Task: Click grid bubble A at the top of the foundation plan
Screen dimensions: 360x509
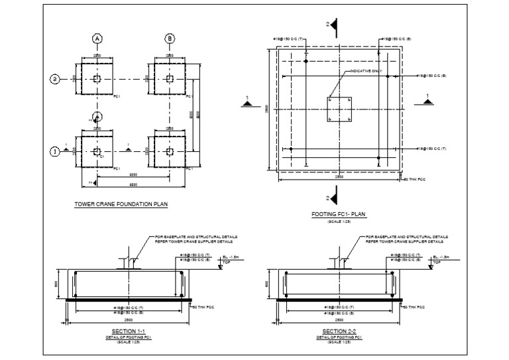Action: click(x=97, y=39)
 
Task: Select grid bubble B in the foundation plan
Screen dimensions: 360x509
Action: click(x=170, y=39)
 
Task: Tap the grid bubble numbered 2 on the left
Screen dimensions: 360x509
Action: click(x=55, y=80)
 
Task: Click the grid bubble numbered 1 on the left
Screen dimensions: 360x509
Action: click(x=55, y=152)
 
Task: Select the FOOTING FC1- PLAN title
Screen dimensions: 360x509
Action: click(x=339, y=215)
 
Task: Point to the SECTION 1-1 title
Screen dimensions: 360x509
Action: click(x=125, y=330)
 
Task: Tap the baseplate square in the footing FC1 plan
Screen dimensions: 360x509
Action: click(x=339, y=109)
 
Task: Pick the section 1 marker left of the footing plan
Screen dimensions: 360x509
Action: click(x=248, y=104)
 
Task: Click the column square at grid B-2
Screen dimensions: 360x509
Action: click(x=170, y=80)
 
